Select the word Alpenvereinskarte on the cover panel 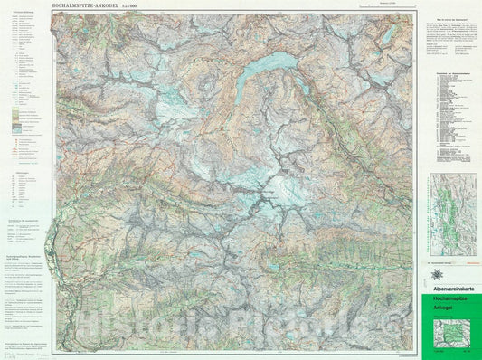452,289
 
